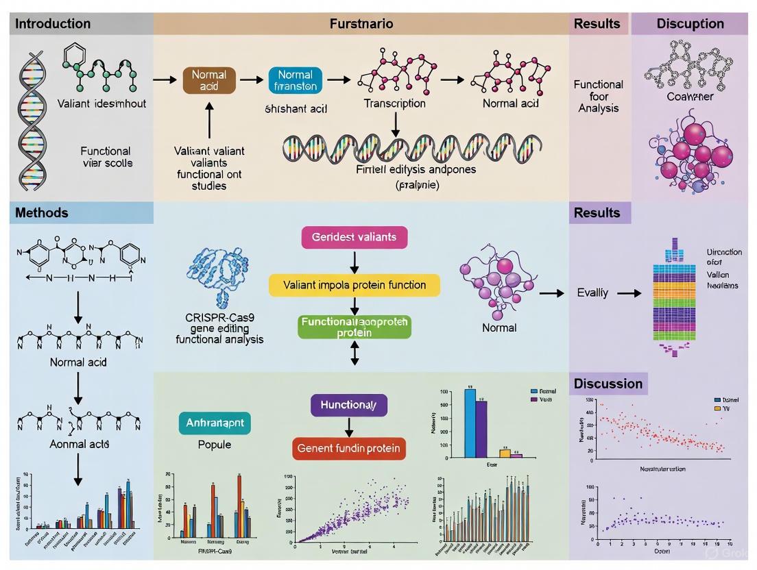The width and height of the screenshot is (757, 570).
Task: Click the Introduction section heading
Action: (x=53, y=23)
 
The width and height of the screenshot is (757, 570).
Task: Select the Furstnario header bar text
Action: (x=361, y=23)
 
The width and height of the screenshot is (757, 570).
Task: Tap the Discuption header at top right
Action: (x=689, y=23)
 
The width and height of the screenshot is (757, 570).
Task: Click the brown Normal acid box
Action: (x=209, y=80)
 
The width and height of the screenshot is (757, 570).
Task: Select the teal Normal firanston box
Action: (x=295, y=80)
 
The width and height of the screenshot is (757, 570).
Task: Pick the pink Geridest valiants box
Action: (x=354, y=236)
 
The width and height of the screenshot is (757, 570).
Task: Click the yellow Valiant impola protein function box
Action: (x=353, y=284)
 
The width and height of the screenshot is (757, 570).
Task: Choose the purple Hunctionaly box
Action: (x=349, y=405)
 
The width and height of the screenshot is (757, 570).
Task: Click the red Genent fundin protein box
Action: (x=350, y=449)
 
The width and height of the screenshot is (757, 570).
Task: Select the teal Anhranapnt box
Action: (x=215, y=423)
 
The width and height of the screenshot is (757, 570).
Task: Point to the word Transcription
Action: (x=394, y=103)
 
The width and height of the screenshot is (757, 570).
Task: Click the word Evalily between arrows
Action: (x=592, y=293)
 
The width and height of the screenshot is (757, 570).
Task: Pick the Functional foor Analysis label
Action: (x=599, y=96)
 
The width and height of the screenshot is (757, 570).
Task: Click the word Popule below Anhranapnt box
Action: (x=214, y=445)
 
